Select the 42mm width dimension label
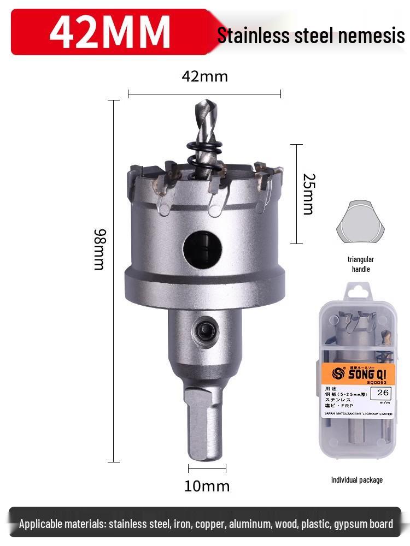click(x=204, y=76)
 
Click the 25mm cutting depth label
click(x=308, y=194)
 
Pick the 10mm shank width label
click(x=207, y=485)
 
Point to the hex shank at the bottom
click(x=203, y=423)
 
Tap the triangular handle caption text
click(x=360, y=264)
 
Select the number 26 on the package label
click(x=382, y=392)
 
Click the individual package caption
click(x=356, y=480)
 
